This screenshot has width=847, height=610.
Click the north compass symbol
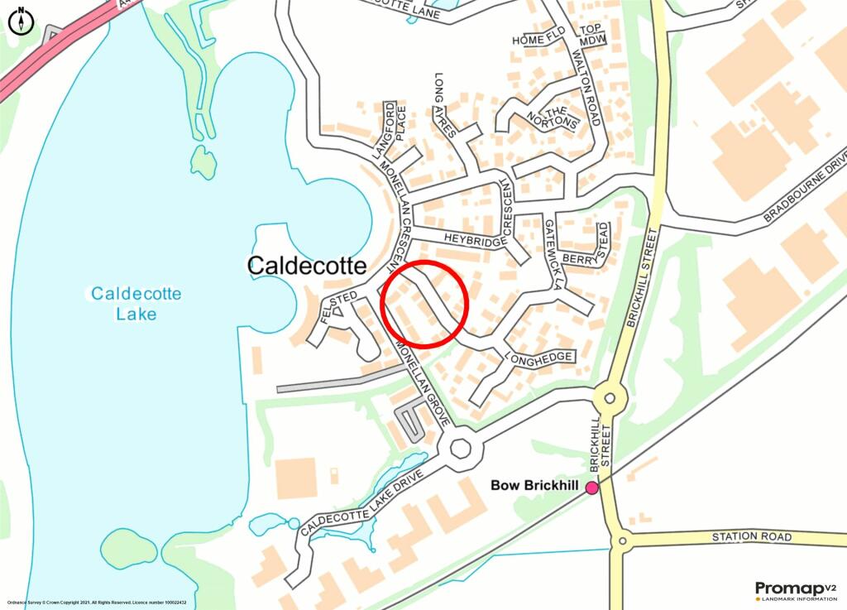(21, 21)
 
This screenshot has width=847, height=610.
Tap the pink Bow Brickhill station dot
(592, 488)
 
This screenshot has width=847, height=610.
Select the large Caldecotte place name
(307, 266)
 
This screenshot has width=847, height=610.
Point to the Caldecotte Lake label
(136, 304)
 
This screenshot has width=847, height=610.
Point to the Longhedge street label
(543, 358)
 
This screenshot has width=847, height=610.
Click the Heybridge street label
(474, 240)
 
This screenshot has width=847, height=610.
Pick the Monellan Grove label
(419, 387)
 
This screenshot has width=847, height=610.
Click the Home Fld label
(538, 40)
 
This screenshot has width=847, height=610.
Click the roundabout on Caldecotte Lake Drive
(460, 449)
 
